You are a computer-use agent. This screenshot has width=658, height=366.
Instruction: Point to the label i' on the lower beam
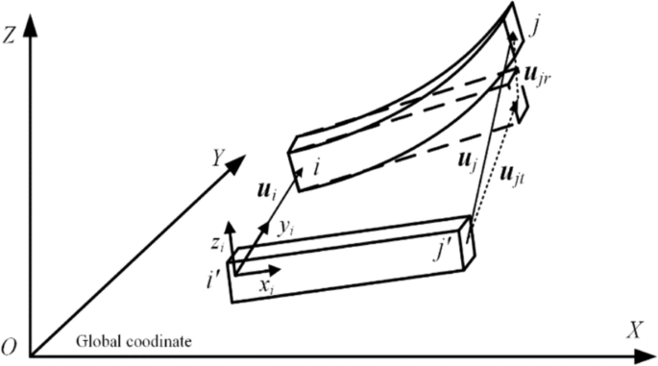pyautogui.click(x=213, y=281)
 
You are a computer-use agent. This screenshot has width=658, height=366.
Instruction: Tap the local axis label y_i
pyautogui.click(x=285, y=228)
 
